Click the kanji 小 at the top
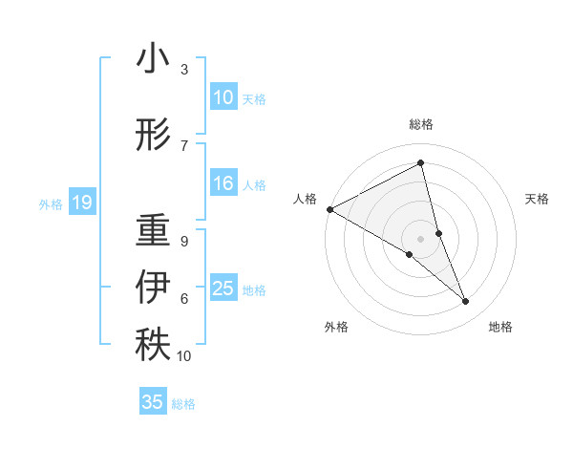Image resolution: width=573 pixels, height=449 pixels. coord(152,61)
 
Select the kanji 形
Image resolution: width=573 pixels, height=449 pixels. coord(152,135)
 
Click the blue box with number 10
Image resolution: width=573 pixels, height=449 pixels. coord(223,97)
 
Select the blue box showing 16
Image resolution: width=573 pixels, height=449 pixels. coord(223,183)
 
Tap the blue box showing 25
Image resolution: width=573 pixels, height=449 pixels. coord(223,289)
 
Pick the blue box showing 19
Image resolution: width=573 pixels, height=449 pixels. coord(81,203)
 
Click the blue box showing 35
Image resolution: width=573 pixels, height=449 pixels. coord(153,402)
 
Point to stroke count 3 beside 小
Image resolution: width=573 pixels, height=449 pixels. coord(183,69)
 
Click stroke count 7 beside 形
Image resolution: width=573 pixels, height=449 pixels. coord(183,144)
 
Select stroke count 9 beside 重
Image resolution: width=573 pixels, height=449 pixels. coord(183,241)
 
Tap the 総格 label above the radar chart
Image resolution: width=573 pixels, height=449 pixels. coord(421,124)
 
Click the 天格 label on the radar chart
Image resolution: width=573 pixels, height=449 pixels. coord(538,199)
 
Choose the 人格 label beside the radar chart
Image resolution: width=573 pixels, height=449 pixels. coord(305,199)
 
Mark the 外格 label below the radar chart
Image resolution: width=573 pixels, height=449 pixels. coord(336,327)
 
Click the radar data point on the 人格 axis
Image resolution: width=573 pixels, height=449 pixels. coord(329,208)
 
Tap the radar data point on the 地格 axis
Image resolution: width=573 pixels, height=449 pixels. coord(466,302)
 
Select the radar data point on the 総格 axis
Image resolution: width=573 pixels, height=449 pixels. coord(421,163)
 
